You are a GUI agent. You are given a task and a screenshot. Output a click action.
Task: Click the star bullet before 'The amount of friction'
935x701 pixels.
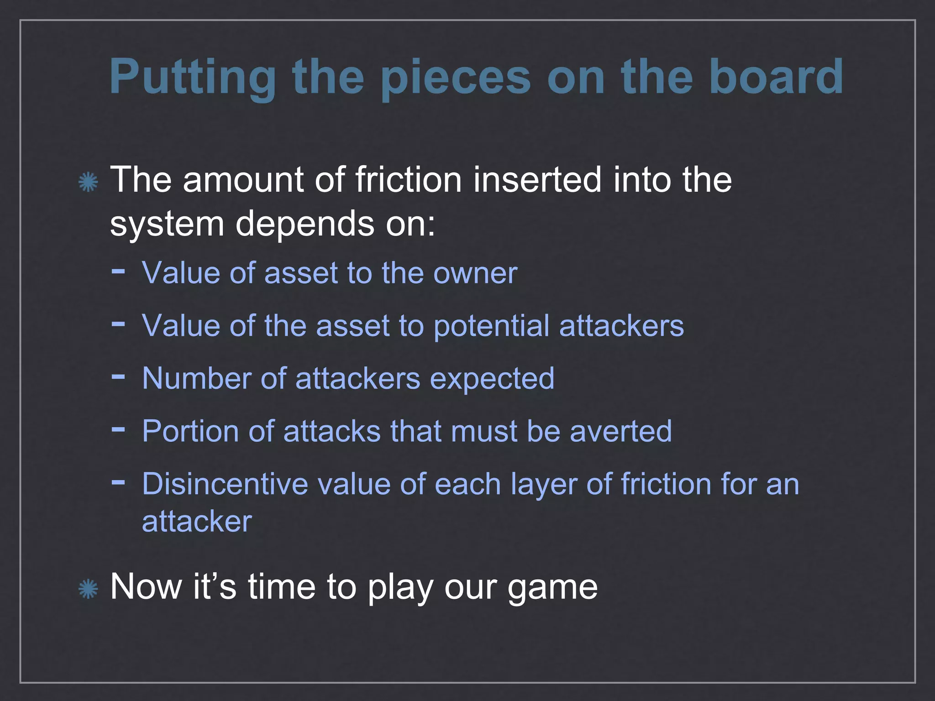tap(88, 182)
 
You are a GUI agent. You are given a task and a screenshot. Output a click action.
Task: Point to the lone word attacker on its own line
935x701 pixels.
tap(197, 521)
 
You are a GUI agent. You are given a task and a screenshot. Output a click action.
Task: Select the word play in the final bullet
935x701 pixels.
tap(400, 588)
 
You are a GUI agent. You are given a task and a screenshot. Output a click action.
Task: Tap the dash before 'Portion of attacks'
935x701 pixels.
tap(118, 429)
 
